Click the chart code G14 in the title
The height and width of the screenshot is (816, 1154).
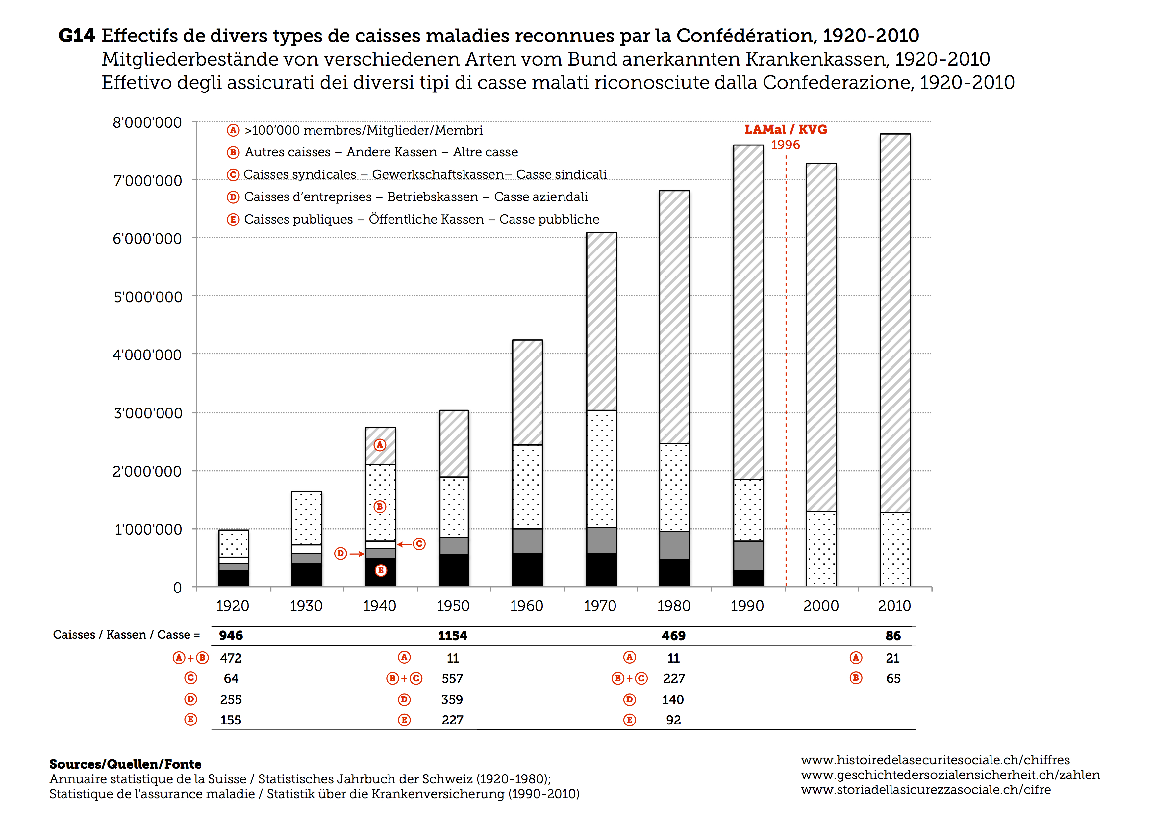(x=76, y=36)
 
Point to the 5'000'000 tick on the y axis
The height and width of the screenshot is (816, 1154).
(x=148, y=297)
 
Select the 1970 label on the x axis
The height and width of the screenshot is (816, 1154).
(x=600, y=606)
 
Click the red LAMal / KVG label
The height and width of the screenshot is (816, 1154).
(x=786, y=130)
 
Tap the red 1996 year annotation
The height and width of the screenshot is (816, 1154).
(x=786, y=145)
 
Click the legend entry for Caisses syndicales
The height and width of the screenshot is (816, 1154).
(x=417, y=174)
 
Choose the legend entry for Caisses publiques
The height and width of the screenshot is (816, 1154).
(x=413, y=219)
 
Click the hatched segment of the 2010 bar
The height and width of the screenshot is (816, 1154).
(x=895, y=323)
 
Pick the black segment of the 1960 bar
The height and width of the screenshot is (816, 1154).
(x=527, y=570)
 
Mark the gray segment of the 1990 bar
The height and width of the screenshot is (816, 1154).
(x=748, y=556)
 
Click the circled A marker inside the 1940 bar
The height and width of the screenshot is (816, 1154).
(x=380, y=445)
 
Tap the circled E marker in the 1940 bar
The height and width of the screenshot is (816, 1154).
(x=381, y=571)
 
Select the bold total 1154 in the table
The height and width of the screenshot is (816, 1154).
(x=452, y=636)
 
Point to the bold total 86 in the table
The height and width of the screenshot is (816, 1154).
(x=893, y=636)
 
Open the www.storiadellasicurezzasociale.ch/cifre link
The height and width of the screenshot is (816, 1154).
(x=926, y=790)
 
